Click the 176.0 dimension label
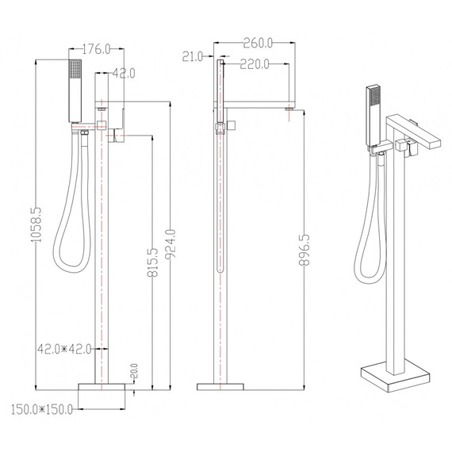tap(96, 49)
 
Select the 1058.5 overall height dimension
tap(36, 224)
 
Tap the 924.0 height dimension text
tap(170, 244)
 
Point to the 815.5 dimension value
tap(153, 262)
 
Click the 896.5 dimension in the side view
tap(305, 250)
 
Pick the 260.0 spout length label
tap(258, 44)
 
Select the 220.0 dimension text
tap(255, 64)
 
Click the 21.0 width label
tap(193, 57)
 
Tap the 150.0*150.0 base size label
tap(42, 409)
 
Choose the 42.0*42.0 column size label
tap(64, 349)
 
